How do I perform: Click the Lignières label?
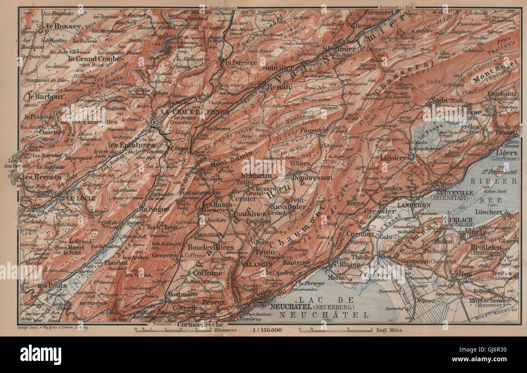click(396, 158)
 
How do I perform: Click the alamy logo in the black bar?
click(41, 354)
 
